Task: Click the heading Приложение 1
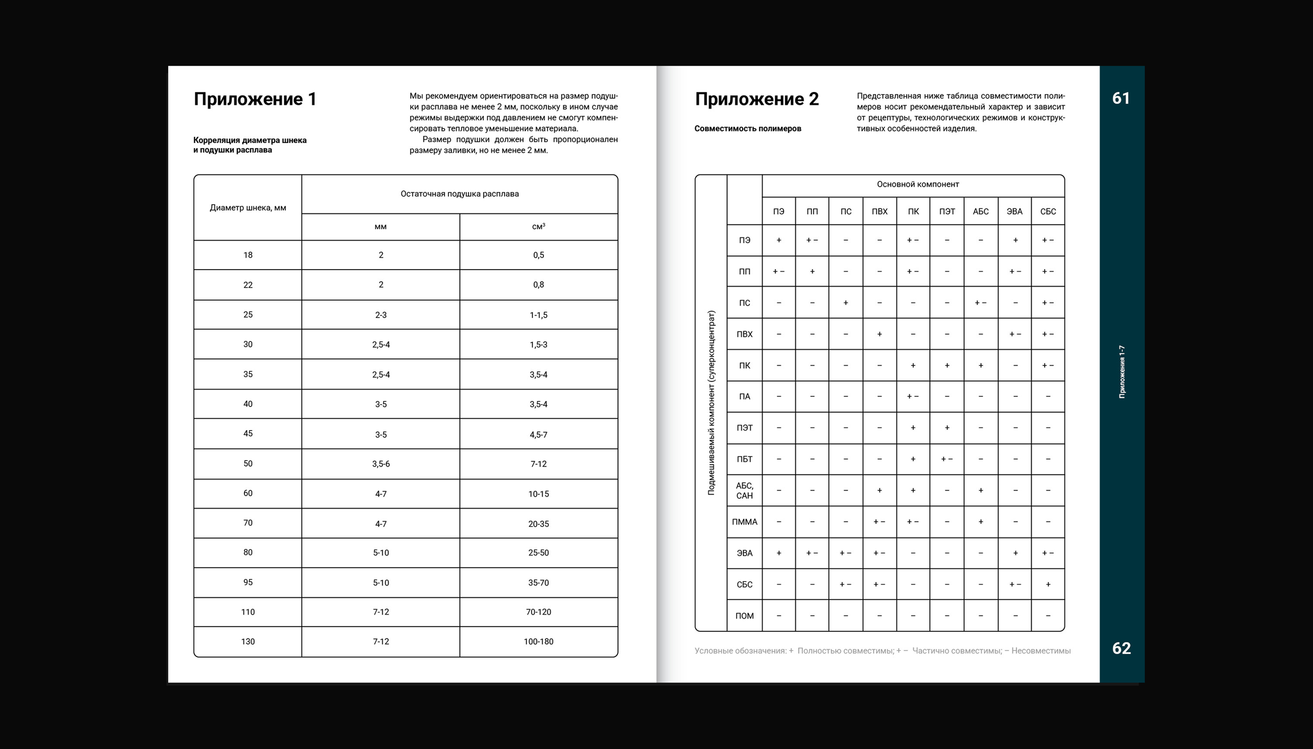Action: [x=255, y=99]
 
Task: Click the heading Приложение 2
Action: [x=756, y=99]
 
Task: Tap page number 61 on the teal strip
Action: [x=1121, y=98]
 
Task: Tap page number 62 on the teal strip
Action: [x=1121, y=648]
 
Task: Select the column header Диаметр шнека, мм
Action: [x=248, y=208]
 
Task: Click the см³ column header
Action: [x=538, y=227]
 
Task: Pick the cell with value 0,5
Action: [x=538, y=255]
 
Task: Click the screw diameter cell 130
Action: [x=248, y=642]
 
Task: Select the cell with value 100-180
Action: [x=538, y=642]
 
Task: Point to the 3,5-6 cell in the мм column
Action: [x=381, y=464]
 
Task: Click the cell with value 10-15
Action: [x=538, y=494]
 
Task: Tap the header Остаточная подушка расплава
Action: [x=459, y=194]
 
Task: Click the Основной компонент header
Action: [x=918, y=184]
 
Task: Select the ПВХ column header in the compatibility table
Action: [x=879, y=212]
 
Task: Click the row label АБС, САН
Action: [x=744, y=490]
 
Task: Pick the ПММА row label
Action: [x=744, y=522]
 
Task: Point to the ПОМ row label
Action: [x=744, y=616]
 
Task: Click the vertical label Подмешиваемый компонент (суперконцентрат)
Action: [x=711, y=402]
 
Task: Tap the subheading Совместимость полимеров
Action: [x=747, y=129]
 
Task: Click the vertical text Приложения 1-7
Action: [x=1122, y=371]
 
